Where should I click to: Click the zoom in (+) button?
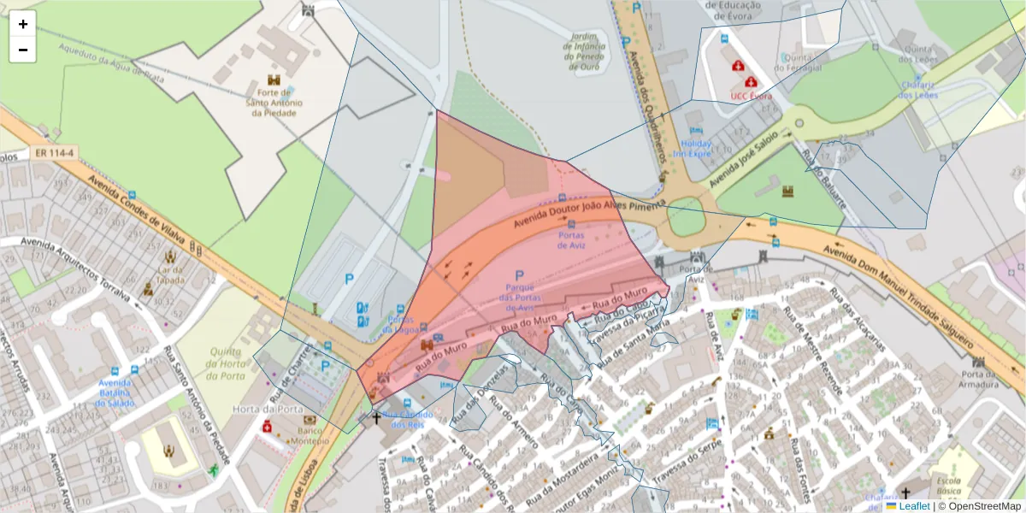point(23,24)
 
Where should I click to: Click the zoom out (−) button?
point(23,50)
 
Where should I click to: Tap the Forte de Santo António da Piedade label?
point(274,102)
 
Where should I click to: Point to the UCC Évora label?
point(751,96)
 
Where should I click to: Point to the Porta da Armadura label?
point(979,379)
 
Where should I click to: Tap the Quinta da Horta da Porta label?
point(227,363)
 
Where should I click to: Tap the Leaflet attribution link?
point(914,506)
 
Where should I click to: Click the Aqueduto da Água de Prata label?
point(111,63)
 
